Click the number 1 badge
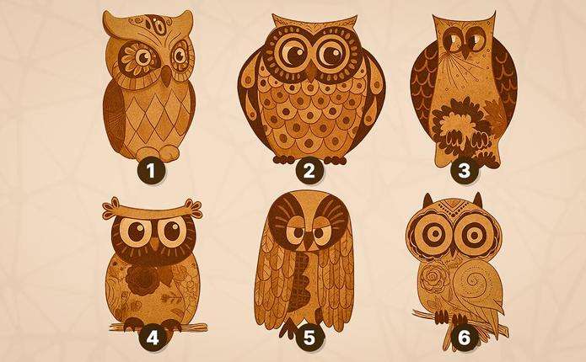point(151,171)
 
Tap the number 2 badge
point(309,171)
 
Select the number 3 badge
point(464,171)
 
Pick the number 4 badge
point(153,338)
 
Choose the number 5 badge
point(309,338)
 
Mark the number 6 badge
point(464,338)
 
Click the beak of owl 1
point(165,76)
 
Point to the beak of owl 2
point(311,72)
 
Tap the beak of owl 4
point(155,244)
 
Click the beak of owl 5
point(309,243)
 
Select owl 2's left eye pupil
point(293,55)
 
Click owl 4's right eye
point(172,232)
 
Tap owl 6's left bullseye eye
point(434,234)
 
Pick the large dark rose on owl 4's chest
point(142,281)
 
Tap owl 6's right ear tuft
point(477,200)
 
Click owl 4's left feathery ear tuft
point(111,208)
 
